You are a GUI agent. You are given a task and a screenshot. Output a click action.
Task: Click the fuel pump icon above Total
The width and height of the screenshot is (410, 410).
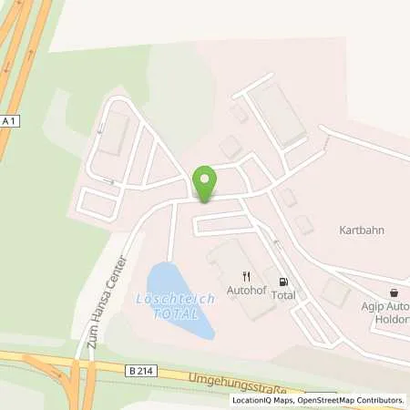point(282,282)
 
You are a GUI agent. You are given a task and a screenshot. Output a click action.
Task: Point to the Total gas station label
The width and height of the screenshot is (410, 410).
point(283,296)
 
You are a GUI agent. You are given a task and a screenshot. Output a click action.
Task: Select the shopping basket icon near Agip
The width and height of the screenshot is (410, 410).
point(394,293)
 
